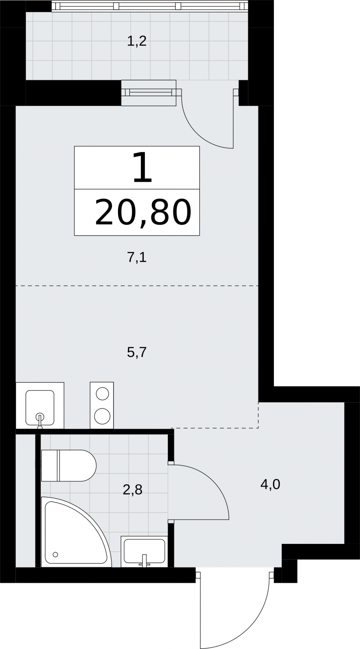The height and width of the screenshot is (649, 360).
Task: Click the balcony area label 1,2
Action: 136,41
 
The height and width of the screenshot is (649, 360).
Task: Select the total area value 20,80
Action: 143,213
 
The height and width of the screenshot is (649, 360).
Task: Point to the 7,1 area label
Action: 137,257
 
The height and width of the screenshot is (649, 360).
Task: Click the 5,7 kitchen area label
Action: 137,352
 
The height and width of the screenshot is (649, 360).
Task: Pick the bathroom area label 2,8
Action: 132,490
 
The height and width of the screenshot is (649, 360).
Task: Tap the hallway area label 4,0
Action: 270,484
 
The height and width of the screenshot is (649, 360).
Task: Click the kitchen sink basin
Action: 40,407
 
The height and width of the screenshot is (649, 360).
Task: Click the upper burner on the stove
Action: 102,394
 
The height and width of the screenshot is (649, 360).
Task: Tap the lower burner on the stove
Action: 102,416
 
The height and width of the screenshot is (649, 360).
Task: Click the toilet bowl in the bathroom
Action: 78,466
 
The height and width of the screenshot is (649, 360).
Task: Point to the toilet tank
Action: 50,466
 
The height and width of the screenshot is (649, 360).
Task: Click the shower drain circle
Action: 55,554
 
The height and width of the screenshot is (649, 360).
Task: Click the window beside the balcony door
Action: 149,93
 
